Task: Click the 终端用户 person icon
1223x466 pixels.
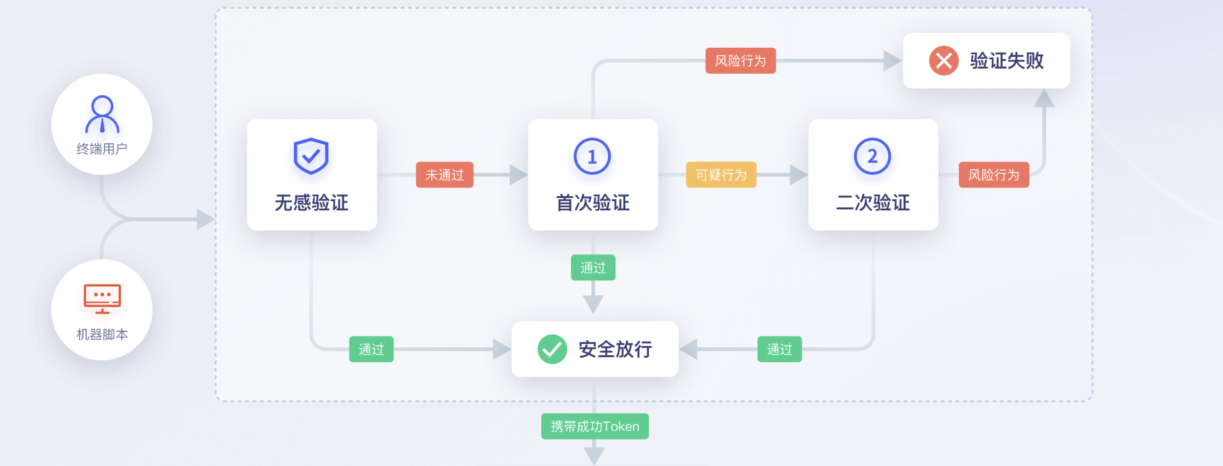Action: (102, 114)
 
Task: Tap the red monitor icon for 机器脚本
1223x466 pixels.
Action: (102, 299)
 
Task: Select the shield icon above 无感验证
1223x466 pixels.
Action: (311, 156)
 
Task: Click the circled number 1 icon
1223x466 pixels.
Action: (592, 157)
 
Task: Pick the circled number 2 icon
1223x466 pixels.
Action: (872, 157)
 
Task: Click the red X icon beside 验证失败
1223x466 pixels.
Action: (943, 61)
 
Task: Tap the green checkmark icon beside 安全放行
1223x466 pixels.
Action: (552, 349)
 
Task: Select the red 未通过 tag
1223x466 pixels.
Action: (444, 175)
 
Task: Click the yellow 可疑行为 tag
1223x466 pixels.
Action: (721, 175)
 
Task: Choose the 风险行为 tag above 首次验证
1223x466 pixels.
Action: (740, 61)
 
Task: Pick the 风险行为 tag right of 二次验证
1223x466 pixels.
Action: (993, 175)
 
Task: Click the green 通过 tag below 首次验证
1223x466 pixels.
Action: (593, 267)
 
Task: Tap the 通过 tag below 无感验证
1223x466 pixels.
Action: (371, 350)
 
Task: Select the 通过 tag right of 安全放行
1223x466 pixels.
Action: (779, 350)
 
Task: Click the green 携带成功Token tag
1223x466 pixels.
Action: (594, 426)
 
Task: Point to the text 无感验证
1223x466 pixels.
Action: (311, 203)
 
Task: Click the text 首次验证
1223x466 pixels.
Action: (592, 203)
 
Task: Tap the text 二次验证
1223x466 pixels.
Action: (872, 203)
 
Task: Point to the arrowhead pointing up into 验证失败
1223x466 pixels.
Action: (1044, 98)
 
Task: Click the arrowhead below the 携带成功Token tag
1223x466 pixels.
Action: (594, 457)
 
